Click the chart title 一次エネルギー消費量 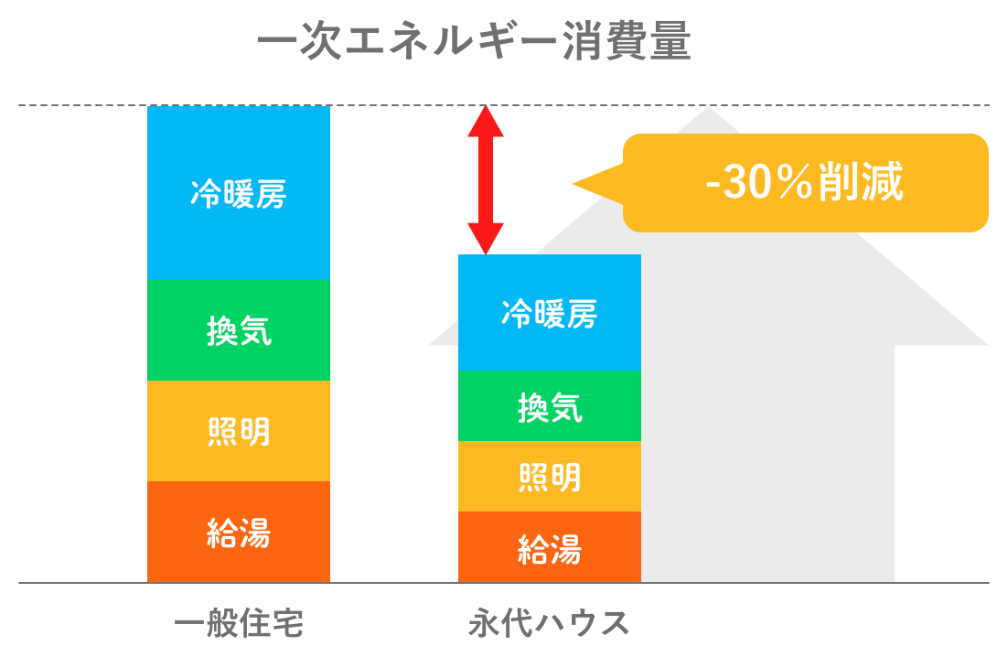(x=474, y=41)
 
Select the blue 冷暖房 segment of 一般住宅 (x=239, y=193)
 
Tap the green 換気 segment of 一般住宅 (x=239, y=330)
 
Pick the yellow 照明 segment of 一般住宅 (x=239, y=431)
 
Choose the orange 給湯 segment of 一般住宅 (x=239, y=532)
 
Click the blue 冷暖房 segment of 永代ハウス (x=550, y=312)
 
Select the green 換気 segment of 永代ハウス (x=550, y=405)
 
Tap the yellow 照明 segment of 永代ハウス (x=550, y=477)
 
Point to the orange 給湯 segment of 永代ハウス (x=550, y=547)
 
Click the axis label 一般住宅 (x=239, y=623)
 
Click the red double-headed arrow (x=486, y=180)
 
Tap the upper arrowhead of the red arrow (x=486, y=122)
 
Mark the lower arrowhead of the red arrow (x=486, y=239)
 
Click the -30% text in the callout (x=759, y=182)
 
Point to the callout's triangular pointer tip (x=573, y=184)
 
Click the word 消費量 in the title (x=627, y=41)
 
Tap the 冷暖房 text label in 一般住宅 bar (x=239, y=193)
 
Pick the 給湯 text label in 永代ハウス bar (x=550, y=549)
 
